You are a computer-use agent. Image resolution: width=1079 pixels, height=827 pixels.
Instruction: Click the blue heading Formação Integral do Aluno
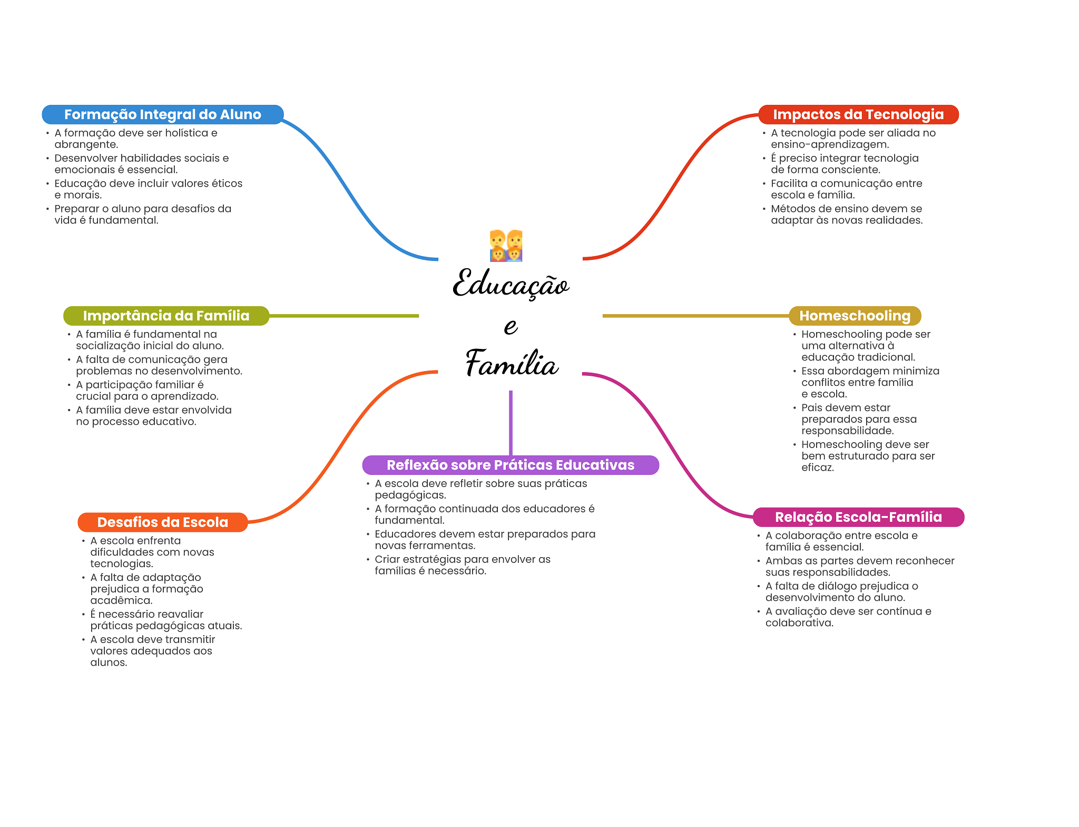(x=163, y=114)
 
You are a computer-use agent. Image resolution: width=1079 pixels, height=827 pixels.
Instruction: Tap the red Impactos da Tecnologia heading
(x=858, y=114)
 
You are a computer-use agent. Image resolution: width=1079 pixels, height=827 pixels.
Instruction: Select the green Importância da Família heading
(x=166, y=316)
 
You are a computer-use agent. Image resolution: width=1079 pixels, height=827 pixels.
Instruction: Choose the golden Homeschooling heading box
(x=855, y=316)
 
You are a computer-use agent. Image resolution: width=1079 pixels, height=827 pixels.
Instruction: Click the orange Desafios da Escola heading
(x=162, y=522)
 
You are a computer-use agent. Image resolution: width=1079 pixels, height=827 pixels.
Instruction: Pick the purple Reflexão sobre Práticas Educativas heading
(x=511, y=465)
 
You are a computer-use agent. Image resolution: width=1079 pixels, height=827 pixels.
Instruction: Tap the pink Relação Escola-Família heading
(x=858, y=517)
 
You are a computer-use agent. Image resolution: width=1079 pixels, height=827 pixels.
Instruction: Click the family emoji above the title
(x=506, y=246)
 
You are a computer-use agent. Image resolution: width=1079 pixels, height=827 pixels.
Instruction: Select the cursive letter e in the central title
(x=511, y=326)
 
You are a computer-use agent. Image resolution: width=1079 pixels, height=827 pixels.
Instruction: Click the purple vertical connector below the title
(x=511, y=423)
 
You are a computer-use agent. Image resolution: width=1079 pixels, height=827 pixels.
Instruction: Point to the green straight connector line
(x=344, y=316)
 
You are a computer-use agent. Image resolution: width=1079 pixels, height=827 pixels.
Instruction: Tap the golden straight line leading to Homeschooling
(x=695, y=316)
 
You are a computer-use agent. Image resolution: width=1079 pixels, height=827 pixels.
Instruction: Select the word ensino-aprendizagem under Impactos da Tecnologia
(x=830, y=144)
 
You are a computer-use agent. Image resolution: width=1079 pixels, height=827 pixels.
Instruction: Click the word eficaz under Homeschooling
(x=818, y=468)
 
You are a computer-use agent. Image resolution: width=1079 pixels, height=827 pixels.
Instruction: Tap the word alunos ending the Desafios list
(x=109, y=663)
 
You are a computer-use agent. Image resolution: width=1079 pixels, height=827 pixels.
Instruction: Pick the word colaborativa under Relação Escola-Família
(x=799, y=623)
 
